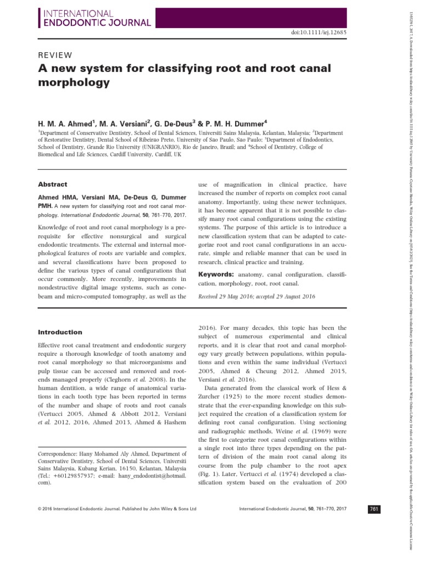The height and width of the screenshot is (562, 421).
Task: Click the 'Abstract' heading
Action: pyautogui.click(x=52, y=185)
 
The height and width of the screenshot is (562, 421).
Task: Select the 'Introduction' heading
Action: pyautogui.click(x=59, y=332)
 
